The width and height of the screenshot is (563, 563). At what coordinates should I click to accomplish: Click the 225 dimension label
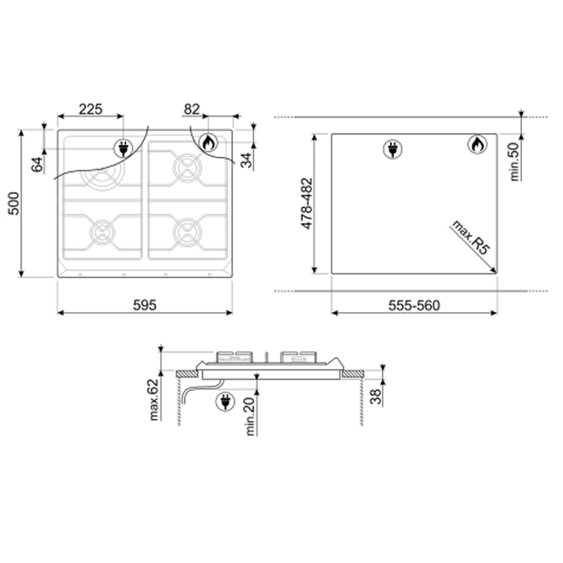tap(90, 109)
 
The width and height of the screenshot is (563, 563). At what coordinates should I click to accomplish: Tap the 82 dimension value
tap(191, 109)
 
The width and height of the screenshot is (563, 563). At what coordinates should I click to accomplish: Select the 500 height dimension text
tap(14, 203)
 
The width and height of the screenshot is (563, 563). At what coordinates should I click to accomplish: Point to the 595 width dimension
tap(145, 305)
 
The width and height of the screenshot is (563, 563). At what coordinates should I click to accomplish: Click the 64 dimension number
tap(37, 164)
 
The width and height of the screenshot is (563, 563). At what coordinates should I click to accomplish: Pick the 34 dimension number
tap(246, 160)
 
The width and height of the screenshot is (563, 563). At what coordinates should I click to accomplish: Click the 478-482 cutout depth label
tap(307, 203)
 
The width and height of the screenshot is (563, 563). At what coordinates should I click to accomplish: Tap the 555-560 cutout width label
tap(414, 305)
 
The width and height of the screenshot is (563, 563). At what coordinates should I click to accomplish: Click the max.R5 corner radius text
tap(471, 237)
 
